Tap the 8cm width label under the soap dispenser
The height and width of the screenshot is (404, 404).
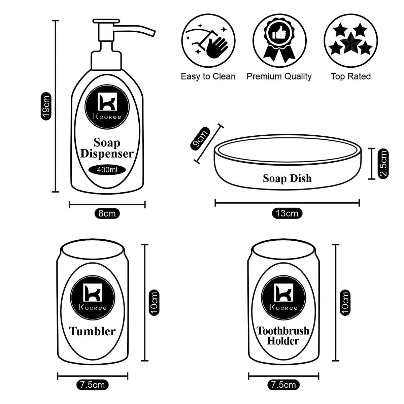[x=107, y=213]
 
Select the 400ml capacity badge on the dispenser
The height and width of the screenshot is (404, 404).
[x=107, y=170]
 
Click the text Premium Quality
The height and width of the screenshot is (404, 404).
[x=279, y=77]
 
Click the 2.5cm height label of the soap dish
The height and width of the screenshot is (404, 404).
[x=383, y=164]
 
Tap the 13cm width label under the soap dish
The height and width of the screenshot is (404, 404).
[x=287, y=213]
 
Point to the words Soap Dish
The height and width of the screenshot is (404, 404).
[x=287, y=178]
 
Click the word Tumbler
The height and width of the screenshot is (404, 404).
[x=92, y=331]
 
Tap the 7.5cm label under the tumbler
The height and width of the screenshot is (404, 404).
[x=92, y=384]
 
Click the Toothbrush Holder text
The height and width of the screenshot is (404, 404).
[x=283, y=335]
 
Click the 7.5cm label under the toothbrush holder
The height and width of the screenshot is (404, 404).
[x=283, y=384]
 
